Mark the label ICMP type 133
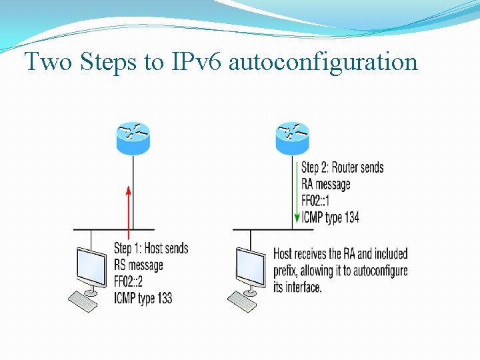(143, 297)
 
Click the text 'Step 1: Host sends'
(151, 249)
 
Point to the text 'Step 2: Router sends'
(342, 167)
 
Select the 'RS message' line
(139, 265)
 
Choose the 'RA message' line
(325, 184)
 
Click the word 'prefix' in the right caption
(288, 271)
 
